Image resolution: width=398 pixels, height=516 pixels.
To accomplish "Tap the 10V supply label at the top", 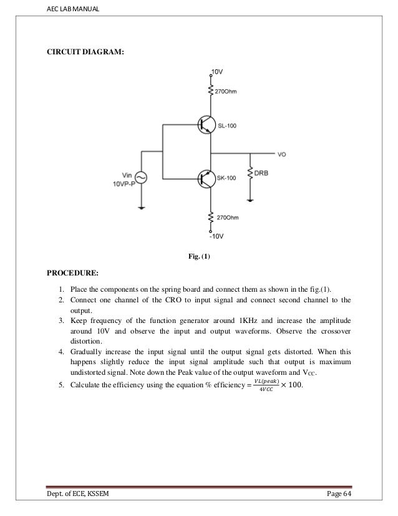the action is tap(216, 72).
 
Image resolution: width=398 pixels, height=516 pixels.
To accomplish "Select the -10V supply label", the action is tap(215, 237).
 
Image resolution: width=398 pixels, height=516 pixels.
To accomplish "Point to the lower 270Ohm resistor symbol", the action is tap(210, 218).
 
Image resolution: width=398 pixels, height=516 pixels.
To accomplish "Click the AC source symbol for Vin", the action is tap(142, 179).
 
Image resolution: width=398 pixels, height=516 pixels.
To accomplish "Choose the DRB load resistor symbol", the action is tap(250, 172).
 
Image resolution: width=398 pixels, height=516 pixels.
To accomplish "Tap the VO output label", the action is tap(282, 154).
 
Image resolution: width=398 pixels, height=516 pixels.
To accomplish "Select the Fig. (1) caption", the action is tap(199, 256).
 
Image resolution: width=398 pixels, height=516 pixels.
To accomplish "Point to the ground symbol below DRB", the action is tap(250, 200).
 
